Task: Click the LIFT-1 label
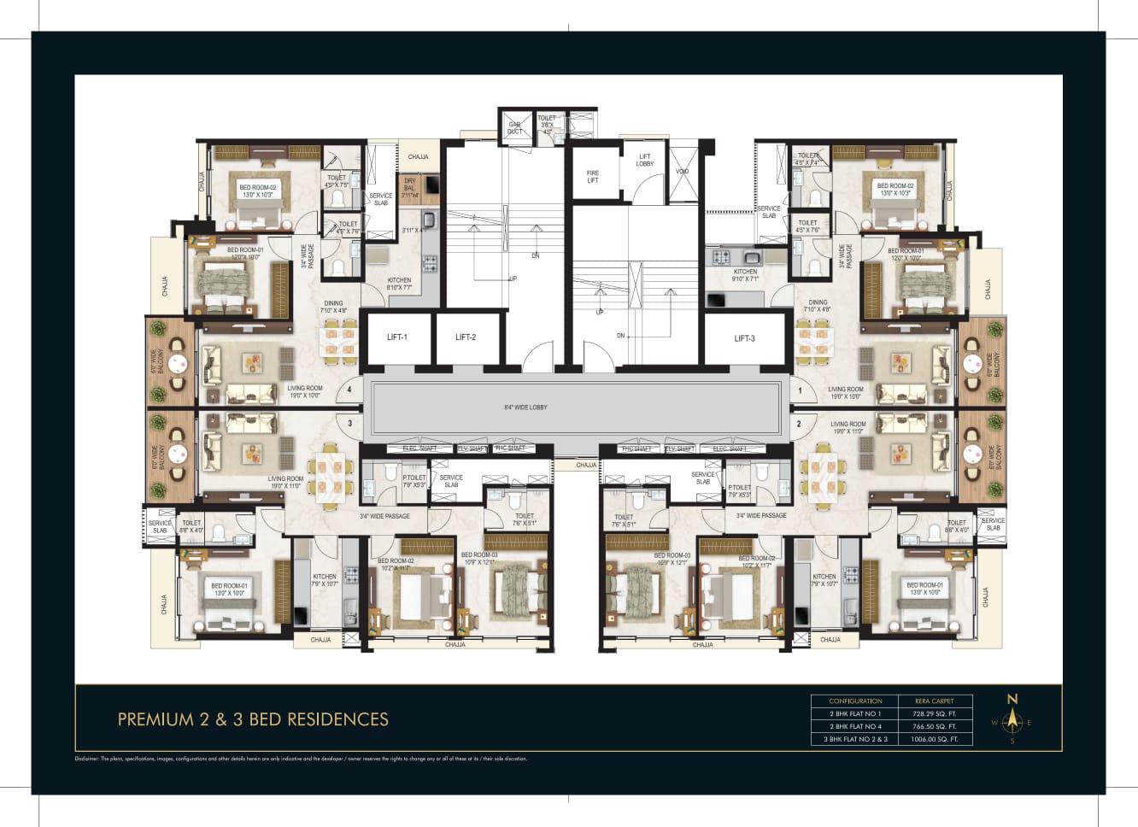[x=396, y=337]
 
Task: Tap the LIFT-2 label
[x=466, y=337]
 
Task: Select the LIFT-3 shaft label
[x=744, y=338]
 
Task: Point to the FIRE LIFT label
[x=593, y=177]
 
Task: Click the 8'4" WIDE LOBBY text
[x=525, y=408]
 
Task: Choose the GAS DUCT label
[x=514, y=128]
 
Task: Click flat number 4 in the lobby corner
[x=349, y=390]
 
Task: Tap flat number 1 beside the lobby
[x=800, y=390]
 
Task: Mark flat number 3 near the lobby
[x=349, y=423]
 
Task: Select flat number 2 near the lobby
[x=799, y=424]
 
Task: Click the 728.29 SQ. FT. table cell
[x=934, y=713]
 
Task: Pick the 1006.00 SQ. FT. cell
[x=934, y=739]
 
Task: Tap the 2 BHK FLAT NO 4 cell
[x=855, y=726]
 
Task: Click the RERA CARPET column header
[x=934, y=701]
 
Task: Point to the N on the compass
[x=1012, y=699]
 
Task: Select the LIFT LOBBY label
[x=645, y=160]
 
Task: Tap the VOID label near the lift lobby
[x=682, y=172]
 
